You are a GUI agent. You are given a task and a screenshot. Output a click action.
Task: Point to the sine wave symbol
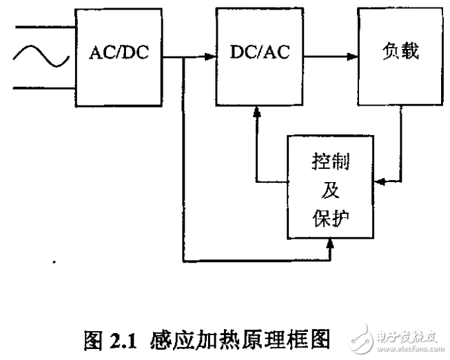point(39,57)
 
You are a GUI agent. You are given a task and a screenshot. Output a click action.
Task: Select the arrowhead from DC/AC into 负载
point(353,58)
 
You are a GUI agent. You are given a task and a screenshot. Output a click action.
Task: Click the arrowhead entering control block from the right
point(377,182)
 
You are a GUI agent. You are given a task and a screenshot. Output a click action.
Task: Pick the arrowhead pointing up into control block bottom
point(331,243)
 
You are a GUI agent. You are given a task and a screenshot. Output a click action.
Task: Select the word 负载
point(400,53)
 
